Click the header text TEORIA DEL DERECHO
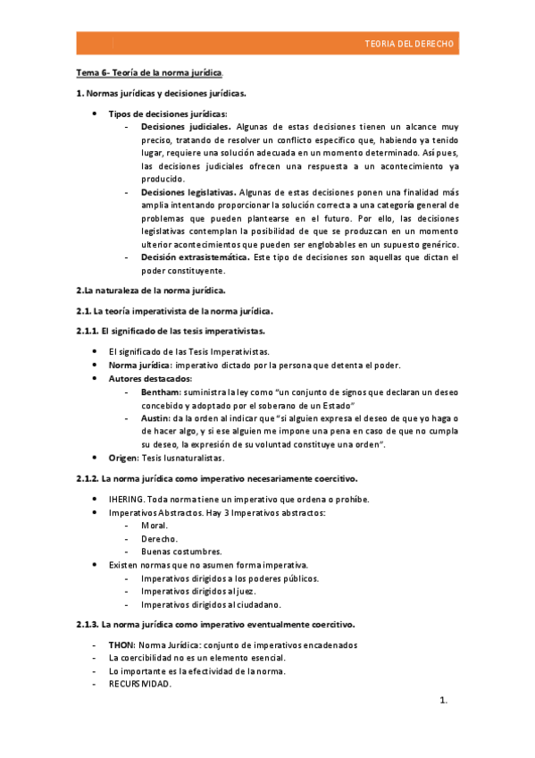(x=410, y=44)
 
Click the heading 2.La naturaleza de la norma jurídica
(x=151, y=291)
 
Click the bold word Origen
(x=122, y=458)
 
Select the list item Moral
(x=154, y=525)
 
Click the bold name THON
(x=121, y=644)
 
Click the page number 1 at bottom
(x=442, y=700)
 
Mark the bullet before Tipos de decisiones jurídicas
(x=96, y=114)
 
